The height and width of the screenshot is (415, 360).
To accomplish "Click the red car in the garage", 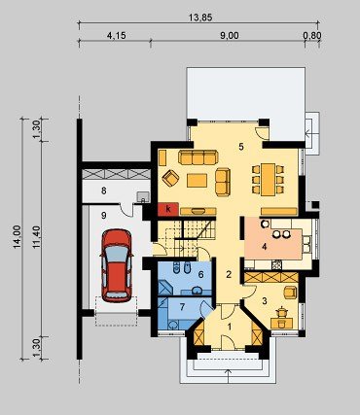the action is (x=117, y=265).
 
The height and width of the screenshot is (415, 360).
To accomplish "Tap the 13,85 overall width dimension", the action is (x=200, y=17).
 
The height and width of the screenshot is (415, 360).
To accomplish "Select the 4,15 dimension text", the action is (x=116, y=35).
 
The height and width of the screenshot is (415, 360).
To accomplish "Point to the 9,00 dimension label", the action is (x=230, y=35).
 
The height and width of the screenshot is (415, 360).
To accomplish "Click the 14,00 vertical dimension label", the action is (x=18, y=237).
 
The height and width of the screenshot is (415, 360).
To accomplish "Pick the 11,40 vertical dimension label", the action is (x=36, y=237).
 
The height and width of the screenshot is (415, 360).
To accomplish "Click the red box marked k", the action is (x=168, y=209).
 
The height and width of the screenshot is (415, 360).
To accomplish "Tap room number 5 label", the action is (x=240, y=147).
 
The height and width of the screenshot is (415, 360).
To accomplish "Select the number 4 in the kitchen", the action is (x=265, y=247).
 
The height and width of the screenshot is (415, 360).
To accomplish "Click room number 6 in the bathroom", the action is (x=200, y=275).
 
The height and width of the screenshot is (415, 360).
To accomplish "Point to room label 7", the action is (x=182, y=307).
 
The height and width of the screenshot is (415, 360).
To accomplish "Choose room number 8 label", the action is (x=104, y=190).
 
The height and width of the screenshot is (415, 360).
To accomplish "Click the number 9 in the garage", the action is (x=104, y=216).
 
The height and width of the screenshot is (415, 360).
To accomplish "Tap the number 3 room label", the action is (x=265, y=301).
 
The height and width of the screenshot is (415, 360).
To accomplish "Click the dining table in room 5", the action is (x=269, y=180).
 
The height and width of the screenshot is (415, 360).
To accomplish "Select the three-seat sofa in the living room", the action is (x=198, y=157).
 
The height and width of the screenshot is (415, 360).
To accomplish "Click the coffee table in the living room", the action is (x=198, y=181).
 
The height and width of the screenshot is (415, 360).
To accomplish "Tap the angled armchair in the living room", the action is (x=170, y=178).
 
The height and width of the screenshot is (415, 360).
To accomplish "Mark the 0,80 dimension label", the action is (x=312, y=35).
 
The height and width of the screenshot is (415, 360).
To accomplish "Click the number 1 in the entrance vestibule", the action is (x=230, y=327).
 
